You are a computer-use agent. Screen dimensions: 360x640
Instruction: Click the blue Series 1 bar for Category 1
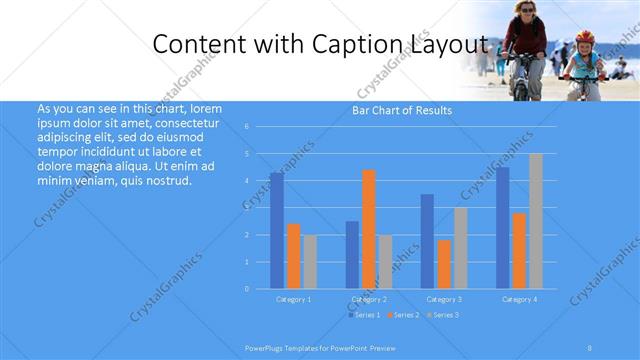pos(276,230)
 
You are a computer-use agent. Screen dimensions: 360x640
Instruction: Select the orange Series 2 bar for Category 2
pos(368,229)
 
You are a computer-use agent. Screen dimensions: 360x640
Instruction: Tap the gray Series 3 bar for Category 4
pos(535,221)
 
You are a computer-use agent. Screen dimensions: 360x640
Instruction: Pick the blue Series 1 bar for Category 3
pos(427,241)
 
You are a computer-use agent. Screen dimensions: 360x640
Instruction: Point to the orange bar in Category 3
pos(444,264)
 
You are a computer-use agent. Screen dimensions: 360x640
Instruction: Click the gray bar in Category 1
pos(310,261)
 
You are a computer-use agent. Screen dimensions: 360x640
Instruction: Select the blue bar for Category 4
pos(502,228)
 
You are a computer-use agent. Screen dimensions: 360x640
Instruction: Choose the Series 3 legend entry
pos(443,315)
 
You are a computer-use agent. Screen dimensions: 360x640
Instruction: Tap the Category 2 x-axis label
pos(369,299)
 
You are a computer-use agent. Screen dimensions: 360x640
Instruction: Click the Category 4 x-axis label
pos(519,299)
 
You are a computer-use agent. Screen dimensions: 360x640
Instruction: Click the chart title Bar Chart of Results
pos(401,110)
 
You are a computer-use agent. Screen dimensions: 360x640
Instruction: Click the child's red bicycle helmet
pos(584,36)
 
